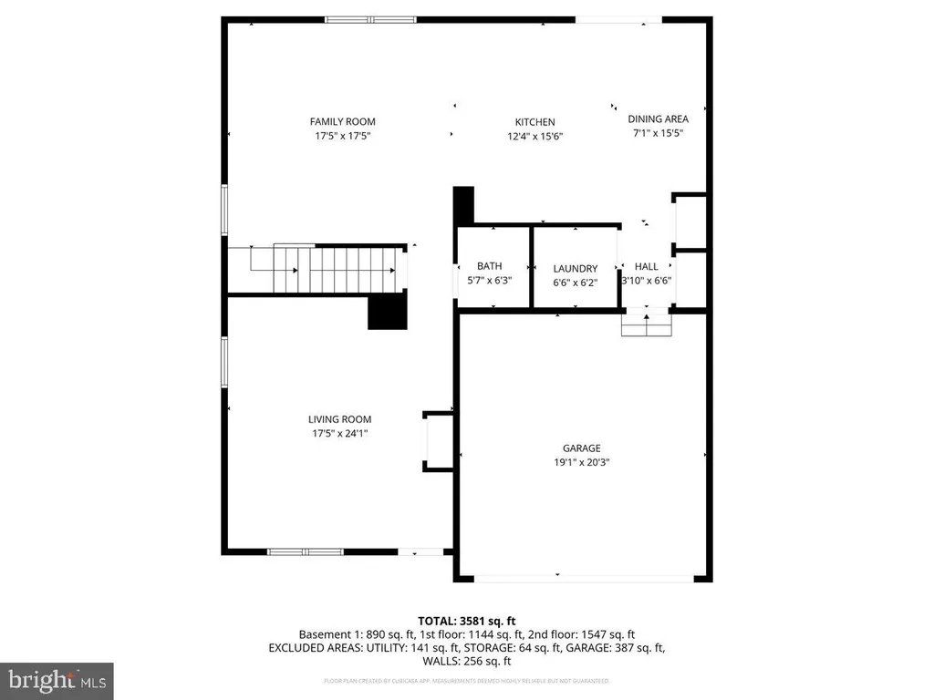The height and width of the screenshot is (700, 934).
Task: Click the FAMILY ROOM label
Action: pos(342,121)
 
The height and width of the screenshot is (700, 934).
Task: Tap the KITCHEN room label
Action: pos(534,121)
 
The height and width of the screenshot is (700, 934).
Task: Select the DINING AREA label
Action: pos(658,118)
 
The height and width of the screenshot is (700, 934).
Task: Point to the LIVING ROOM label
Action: pos(339,419)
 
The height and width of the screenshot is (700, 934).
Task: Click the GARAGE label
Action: pos(581,448)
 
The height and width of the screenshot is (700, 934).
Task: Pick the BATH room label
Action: pos(489,266)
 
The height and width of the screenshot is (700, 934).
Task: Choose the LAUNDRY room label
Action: pos(575,268)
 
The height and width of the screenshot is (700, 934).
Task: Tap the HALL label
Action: pos(646,266)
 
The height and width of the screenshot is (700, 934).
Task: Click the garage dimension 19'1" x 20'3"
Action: pos(581,462)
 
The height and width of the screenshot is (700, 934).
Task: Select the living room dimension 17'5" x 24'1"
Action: pos(339,434)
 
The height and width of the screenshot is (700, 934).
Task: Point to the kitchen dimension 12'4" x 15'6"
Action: pos(534,136)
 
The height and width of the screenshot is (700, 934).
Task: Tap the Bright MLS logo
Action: pos(57,680)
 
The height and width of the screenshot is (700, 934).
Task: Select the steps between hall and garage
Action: pos(646,324)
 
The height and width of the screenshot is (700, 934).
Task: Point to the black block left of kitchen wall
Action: pos(464,204)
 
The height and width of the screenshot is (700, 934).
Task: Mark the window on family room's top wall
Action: pos(371,19)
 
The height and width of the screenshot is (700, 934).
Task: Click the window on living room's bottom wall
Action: pos(305,551)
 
